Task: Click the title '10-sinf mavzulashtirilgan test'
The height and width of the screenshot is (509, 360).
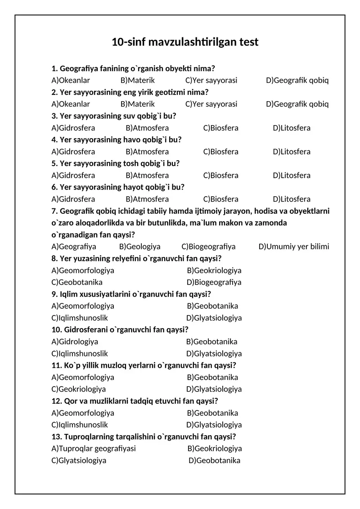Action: click(x=185, y=42)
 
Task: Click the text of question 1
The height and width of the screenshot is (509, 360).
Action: click(x=133, y=69)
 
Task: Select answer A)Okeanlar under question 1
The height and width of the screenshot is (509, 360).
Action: click(x=71, y=81)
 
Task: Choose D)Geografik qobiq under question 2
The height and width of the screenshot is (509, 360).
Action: click(x=297, y=104)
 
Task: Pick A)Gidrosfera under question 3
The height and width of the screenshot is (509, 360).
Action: click(x=73, y=128)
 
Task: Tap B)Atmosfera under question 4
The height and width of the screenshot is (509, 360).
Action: click(x=147, y=152)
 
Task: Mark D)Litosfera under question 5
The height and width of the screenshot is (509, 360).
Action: click(x=292, y=176)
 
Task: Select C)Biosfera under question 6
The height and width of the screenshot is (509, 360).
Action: click(x=221, y=199)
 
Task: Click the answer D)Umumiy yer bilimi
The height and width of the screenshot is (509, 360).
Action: click(x=294, y=247)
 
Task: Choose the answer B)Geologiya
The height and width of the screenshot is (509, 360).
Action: click(x=140, y=247)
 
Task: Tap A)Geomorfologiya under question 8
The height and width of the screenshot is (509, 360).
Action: click(x=83, y=270)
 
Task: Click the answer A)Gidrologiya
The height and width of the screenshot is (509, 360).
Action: click(x=75, y=342)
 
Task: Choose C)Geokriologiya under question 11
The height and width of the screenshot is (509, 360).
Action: click(x=79, y=389)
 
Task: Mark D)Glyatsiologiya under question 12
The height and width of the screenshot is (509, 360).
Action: click(x=214, y=425)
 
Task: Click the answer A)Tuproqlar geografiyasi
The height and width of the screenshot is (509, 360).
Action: click(x=94, y=449)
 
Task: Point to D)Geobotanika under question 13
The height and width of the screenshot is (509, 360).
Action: click(x=214, y=460)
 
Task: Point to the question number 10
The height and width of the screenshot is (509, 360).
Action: click(x=57, y=330)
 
